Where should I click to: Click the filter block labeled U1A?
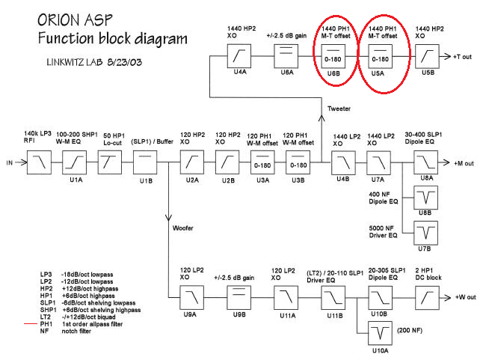pos(76,161)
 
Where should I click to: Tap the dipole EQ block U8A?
pos(426,161)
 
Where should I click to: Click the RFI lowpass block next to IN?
pos(39,161)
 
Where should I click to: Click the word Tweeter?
pos(338,109)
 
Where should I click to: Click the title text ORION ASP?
pos(70,18)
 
